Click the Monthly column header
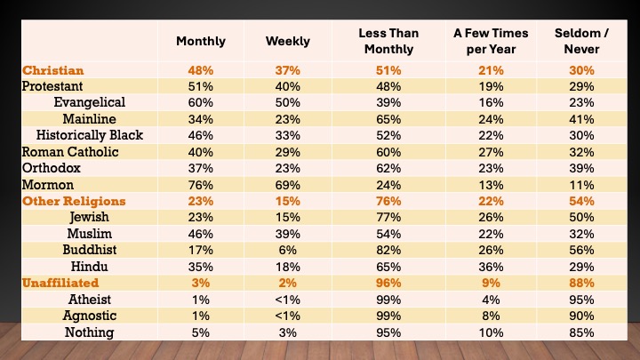[x=201, y=41]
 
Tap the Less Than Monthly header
[x=388, y=41]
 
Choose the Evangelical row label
[x=89, y=102]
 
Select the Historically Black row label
[x=90, y=135]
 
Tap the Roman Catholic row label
[x=67, y=152]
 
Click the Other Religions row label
[x=75, y=201]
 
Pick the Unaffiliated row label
[x=60, y=283]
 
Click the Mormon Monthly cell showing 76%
[x=201, y=185]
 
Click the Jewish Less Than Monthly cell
[x=388, y=217]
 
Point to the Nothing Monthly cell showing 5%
[x=201, y=332]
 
